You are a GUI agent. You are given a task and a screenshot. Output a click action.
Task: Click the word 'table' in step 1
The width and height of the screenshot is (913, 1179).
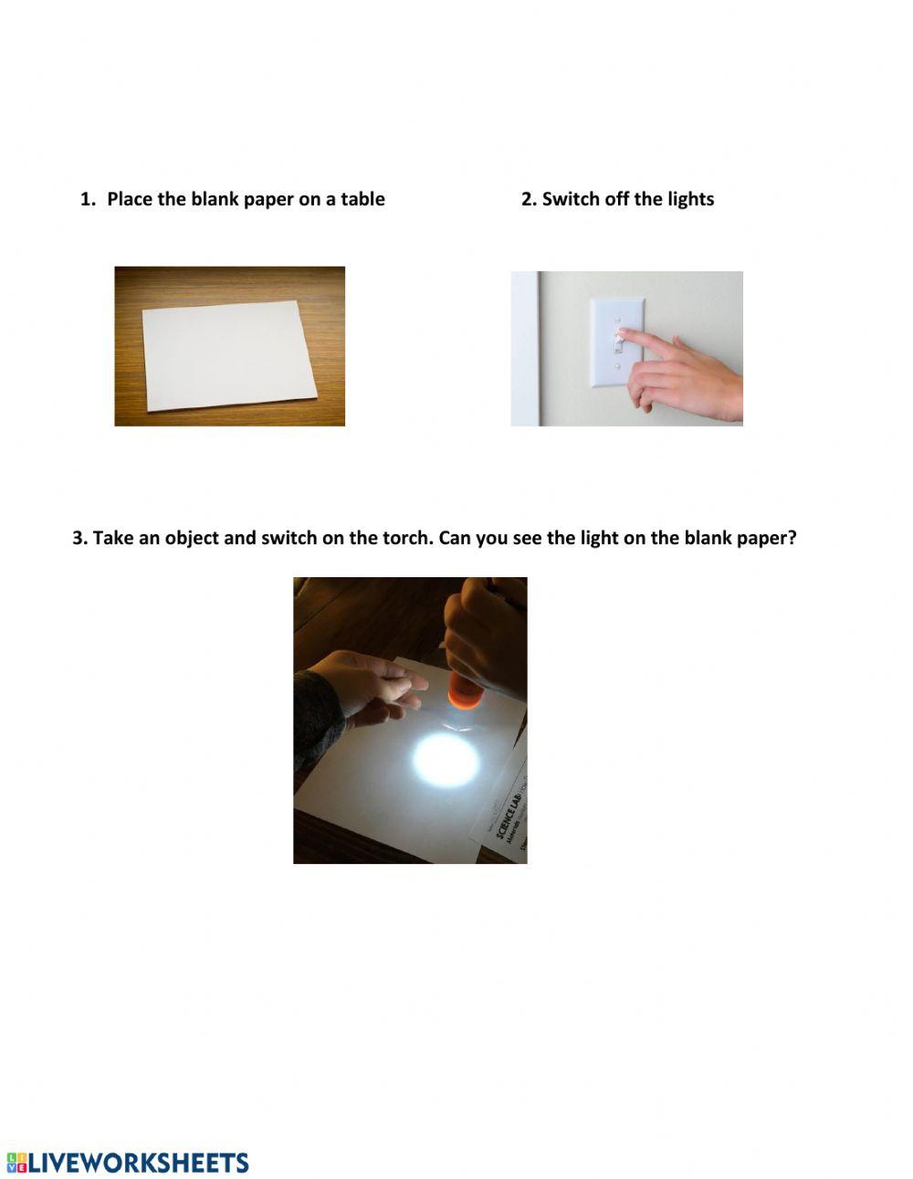click(362, 199)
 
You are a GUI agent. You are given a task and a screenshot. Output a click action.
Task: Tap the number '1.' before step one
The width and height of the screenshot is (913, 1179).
click(88, 199)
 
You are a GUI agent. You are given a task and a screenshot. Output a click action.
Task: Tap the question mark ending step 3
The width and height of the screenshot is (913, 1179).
click(792, 538)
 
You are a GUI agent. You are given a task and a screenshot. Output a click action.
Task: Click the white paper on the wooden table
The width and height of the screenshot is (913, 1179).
click(228, 356)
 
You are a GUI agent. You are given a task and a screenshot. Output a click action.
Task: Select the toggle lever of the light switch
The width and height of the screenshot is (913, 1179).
click(618, 342)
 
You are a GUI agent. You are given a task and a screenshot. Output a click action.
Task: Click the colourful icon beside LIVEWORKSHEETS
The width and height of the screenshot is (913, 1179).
click(16, 1163)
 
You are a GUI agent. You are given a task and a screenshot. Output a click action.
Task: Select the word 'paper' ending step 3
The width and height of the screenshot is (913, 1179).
click(763, 538)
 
